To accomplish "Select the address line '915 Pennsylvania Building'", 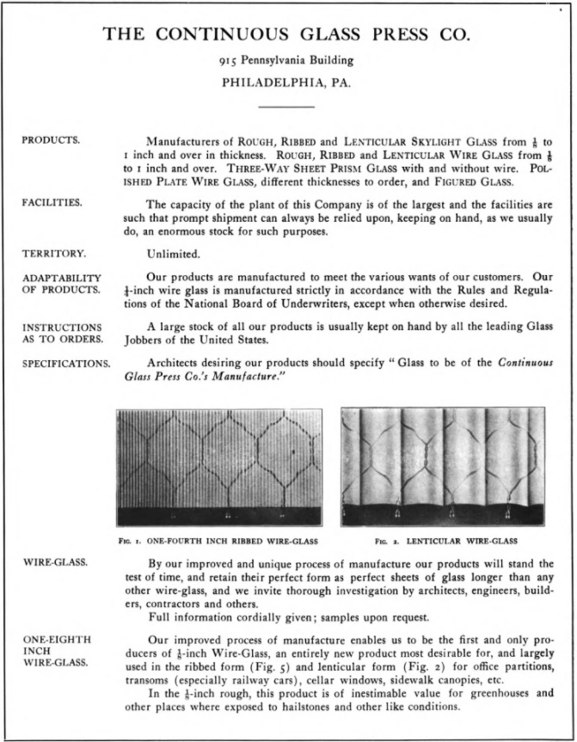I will tap(286, 61).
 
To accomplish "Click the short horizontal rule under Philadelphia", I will tap(286, 107).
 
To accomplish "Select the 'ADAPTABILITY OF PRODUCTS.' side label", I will tap(62, 283).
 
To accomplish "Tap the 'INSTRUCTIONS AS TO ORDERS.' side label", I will tap(62, 332).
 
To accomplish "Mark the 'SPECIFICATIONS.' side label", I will tap(66, 363).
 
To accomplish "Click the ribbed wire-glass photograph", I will tap(219, 466).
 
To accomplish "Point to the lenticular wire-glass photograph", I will tap(442, 466).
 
